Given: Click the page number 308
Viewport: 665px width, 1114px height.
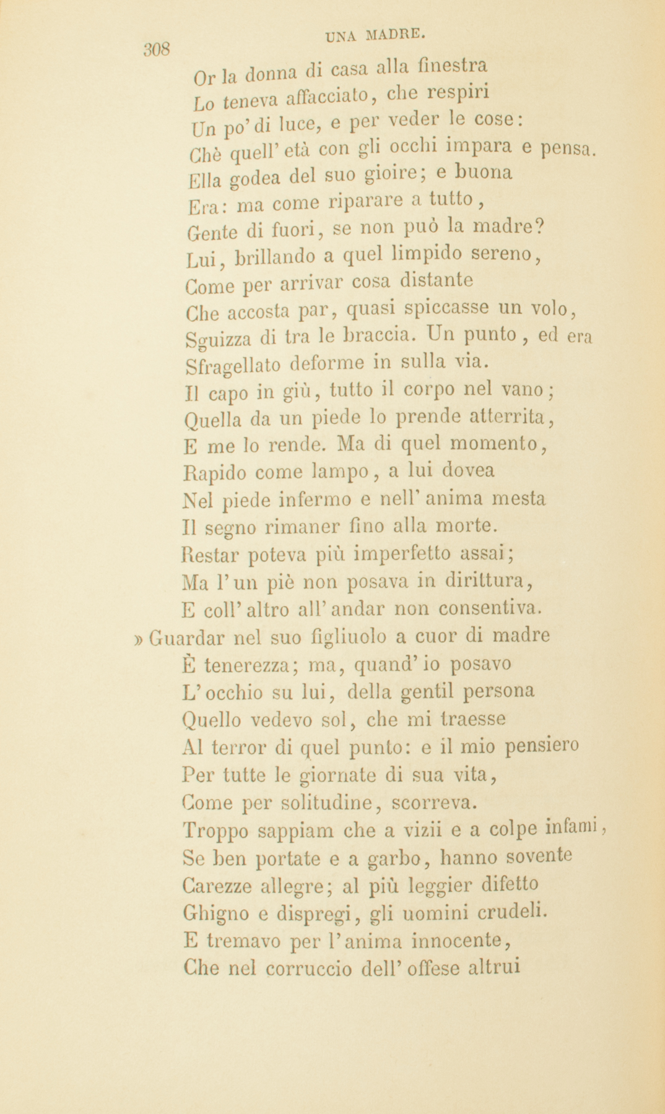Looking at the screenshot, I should (156, 50).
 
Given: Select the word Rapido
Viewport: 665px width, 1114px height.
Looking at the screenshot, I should (215, 472).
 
